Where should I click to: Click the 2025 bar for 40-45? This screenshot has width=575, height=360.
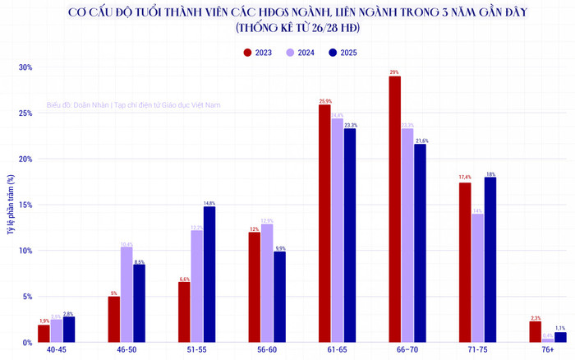point(68,328)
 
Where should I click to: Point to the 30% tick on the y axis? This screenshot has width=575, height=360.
point(25,67)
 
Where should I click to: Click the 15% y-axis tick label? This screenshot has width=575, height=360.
point(25,205)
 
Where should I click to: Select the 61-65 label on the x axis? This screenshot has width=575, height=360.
point(337,350)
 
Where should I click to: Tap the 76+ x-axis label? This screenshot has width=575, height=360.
point(548,350)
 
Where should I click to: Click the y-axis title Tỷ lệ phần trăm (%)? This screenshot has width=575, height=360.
point(10,205)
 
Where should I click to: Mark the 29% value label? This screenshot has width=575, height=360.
point(395,72)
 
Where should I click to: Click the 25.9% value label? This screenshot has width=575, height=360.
point(324,101)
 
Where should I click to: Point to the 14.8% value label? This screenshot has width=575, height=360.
point(209,202)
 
